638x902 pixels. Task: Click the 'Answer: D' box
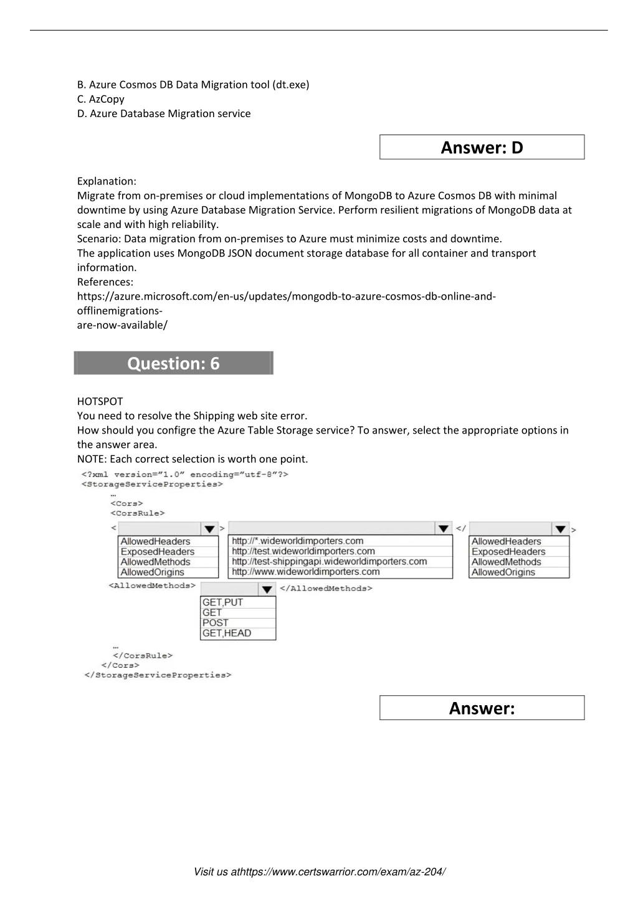coord(482,148)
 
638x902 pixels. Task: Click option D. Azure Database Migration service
coord(164,113)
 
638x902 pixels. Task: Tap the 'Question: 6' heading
coord(173,363)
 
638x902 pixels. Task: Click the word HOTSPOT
coord(100,401)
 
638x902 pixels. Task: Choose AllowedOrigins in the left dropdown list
coord(153,572)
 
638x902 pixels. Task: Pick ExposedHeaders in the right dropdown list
coord(508,551)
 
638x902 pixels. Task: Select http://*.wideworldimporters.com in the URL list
coord(297,541)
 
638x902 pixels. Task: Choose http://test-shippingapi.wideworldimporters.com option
coord(329,561)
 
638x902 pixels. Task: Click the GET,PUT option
coord(223,602)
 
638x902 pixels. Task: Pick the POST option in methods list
coord(216,622)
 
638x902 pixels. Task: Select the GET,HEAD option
coord(227,633)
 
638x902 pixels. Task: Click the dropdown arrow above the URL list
coord(444,528)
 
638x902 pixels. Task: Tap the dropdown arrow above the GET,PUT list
coord(267,589)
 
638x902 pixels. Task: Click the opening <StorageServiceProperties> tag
coord(152,484)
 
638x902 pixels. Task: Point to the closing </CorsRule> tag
coord(143,655)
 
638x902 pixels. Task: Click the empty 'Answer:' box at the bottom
coord(482,708)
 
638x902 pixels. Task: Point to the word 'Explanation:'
coord(107,181)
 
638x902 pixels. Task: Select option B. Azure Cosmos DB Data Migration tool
coord(193,85)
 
